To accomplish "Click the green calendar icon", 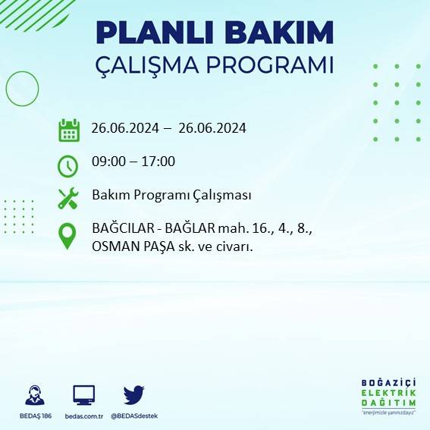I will [x=69, y=130].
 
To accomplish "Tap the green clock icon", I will [x=68, y=165].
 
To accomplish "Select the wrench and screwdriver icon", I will [x=68, y=198].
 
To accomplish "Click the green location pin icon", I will [x=68, y=236].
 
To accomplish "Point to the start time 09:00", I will [x=107, y=162].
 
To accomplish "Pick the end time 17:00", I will [x=159, y=162].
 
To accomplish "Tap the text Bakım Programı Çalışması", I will [x=171, y=196].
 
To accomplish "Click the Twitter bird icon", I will [x=133, y=394].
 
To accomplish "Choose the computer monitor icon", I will [x=83, y=394].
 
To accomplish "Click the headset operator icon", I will [x=35, y=395].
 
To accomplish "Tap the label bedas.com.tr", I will [x=83, y=416].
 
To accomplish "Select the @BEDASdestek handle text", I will [x=134, y=416].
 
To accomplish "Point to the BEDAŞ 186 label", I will [x=34, y=416].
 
